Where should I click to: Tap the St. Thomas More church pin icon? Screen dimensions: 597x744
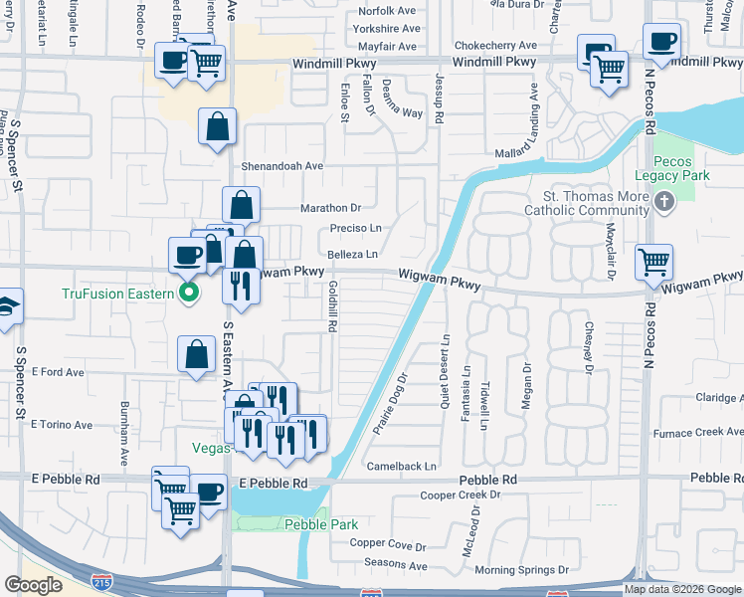(x=665, y=203)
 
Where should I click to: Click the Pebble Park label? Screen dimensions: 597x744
(x=306, y=524)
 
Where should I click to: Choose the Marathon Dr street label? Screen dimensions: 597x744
(x=331, y=208)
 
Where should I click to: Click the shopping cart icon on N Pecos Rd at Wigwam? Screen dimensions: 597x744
(x=653, y=262)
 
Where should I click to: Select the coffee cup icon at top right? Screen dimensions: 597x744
(x=661, y=41)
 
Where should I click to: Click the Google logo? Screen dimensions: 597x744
(x=33, y=585)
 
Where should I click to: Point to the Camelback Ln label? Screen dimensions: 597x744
(x=402, y=466)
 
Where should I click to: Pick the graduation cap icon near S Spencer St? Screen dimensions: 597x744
(x=6, y=305)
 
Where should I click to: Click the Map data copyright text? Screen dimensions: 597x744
(x=681, y=589)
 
